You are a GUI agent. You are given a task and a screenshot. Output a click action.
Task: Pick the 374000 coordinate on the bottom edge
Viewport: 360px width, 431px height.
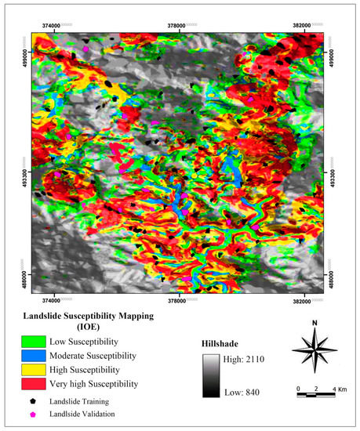point(52,302)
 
